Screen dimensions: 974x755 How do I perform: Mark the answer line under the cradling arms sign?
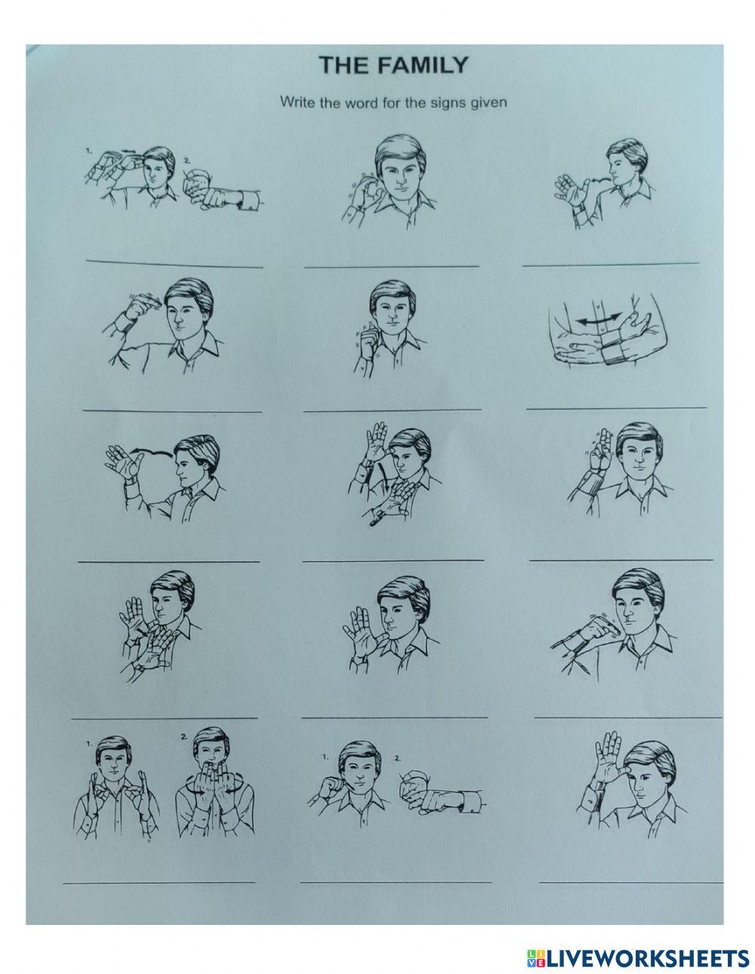[615, 407]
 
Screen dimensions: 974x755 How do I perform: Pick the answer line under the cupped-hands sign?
[159, 882]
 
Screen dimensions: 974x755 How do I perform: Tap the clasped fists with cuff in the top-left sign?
[219, 198]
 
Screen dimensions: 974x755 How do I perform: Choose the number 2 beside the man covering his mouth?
[183, 736]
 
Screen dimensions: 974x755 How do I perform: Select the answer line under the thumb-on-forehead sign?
[630, 881]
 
